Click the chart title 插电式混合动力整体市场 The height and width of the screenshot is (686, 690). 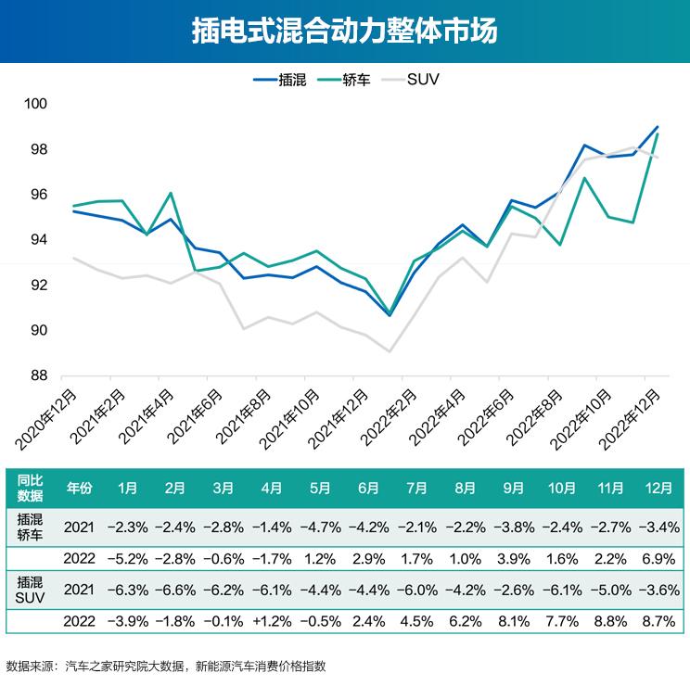(x=345, y=32)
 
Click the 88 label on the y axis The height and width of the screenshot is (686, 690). (x=40, y=376)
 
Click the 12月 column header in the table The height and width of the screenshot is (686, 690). (x=658, y=486)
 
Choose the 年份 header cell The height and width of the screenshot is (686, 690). (x=80, y=486)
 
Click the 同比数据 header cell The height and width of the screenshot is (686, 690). (x=31, y=486)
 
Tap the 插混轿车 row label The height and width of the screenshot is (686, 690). (x=31, y=527)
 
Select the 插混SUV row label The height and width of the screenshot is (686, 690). (x=31, y=589)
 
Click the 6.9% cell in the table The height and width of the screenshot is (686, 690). (x=658, y=558)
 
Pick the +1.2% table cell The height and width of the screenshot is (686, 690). (x=272, y=620)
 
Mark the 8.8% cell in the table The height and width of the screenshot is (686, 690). (x=610, y=620)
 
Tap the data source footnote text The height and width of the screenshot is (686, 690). (x=167, y=666)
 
